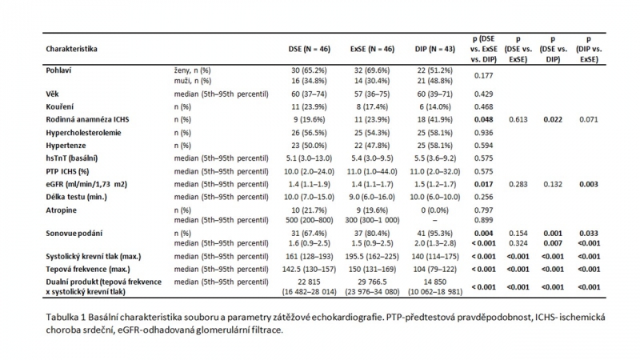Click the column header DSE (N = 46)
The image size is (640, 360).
click(x=309, y=49)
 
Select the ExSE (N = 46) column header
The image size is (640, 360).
click(x=372, y=49)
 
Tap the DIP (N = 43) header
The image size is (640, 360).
click(x=434, y=49)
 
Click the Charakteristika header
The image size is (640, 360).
click(x=71, y=49)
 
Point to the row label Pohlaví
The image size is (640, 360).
click(x=58, y=70)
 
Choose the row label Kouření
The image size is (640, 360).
click(x=59, y=106)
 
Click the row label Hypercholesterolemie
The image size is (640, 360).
click(x=83, y=133)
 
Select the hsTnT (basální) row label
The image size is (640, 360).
click(x=72, y=158)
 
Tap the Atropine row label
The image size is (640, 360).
click(x=62, y=210)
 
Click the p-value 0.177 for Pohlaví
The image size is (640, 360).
click(x=484, y=75)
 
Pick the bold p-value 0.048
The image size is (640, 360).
click(x=484, y=119)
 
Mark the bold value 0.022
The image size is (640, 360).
click(x=553, y=119)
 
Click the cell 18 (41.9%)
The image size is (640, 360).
click(x=434, y=119)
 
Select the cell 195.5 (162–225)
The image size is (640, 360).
click(x=372, y=257)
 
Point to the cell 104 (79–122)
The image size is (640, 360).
click(x=434, y=270)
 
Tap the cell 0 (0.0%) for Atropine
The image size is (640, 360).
click(x=434, y=210)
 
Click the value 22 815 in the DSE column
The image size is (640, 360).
click(x=309, y=282)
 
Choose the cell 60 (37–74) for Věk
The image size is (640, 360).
click(x=309, y=94)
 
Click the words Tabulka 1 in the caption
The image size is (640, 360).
click(x=66, y=317)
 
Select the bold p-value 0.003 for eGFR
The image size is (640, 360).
click(x=589, y=184)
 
